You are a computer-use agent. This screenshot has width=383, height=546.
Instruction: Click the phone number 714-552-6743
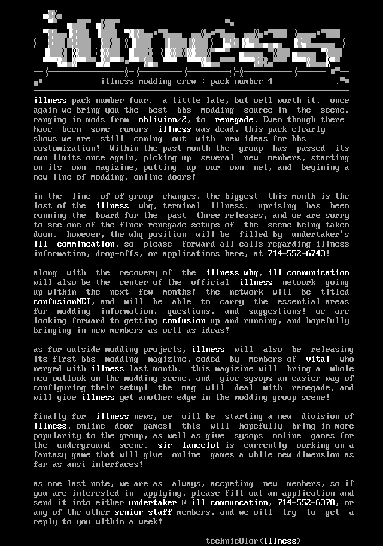[x=296, y=254]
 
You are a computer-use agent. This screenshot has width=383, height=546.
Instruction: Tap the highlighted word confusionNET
[x=62, y=301]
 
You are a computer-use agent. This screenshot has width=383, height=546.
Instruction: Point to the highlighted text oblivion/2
[x=162, y=119]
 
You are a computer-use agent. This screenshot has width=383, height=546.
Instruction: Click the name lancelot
[x=201, y=445]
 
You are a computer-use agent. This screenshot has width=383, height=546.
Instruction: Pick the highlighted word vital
[x=318, y=359]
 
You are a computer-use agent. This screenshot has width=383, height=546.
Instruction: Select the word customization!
[x=66, y=148]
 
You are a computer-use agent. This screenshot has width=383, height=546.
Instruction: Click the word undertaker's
[x=320, y=234]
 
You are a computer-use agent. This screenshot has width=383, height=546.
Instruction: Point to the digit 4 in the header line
[x=270, y=81]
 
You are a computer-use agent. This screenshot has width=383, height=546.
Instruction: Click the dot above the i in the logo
[x=53, y=16]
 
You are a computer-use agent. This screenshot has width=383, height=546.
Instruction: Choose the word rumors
[x=133, y=129]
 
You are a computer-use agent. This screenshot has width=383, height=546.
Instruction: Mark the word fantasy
[x=50, y=455]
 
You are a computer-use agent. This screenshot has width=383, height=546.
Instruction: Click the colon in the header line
[x=203, y=81]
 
